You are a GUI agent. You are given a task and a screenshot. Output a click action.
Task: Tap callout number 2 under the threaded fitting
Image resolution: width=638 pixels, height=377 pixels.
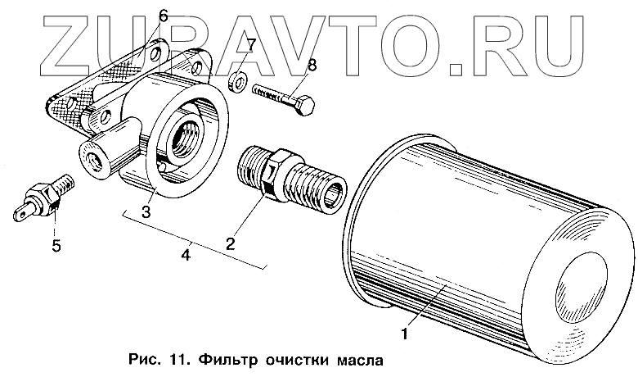pyautogui.click(x=231, y=243)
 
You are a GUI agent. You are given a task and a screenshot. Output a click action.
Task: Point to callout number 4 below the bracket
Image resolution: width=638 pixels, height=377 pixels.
pyautogui.click(x=188, y=256)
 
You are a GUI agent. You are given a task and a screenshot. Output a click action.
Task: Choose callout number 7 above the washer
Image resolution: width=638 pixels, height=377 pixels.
pyautogui.click(x=252, y=43)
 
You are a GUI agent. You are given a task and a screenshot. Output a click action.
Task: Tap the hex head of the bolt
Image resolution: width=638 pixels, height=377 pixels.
pyautogui.click(x=308, y=107)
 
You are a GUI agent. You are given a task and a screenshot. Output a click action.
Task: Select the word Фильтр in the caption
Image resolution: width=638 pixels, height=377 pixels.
pyautogui.click(x=209, y=360)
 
